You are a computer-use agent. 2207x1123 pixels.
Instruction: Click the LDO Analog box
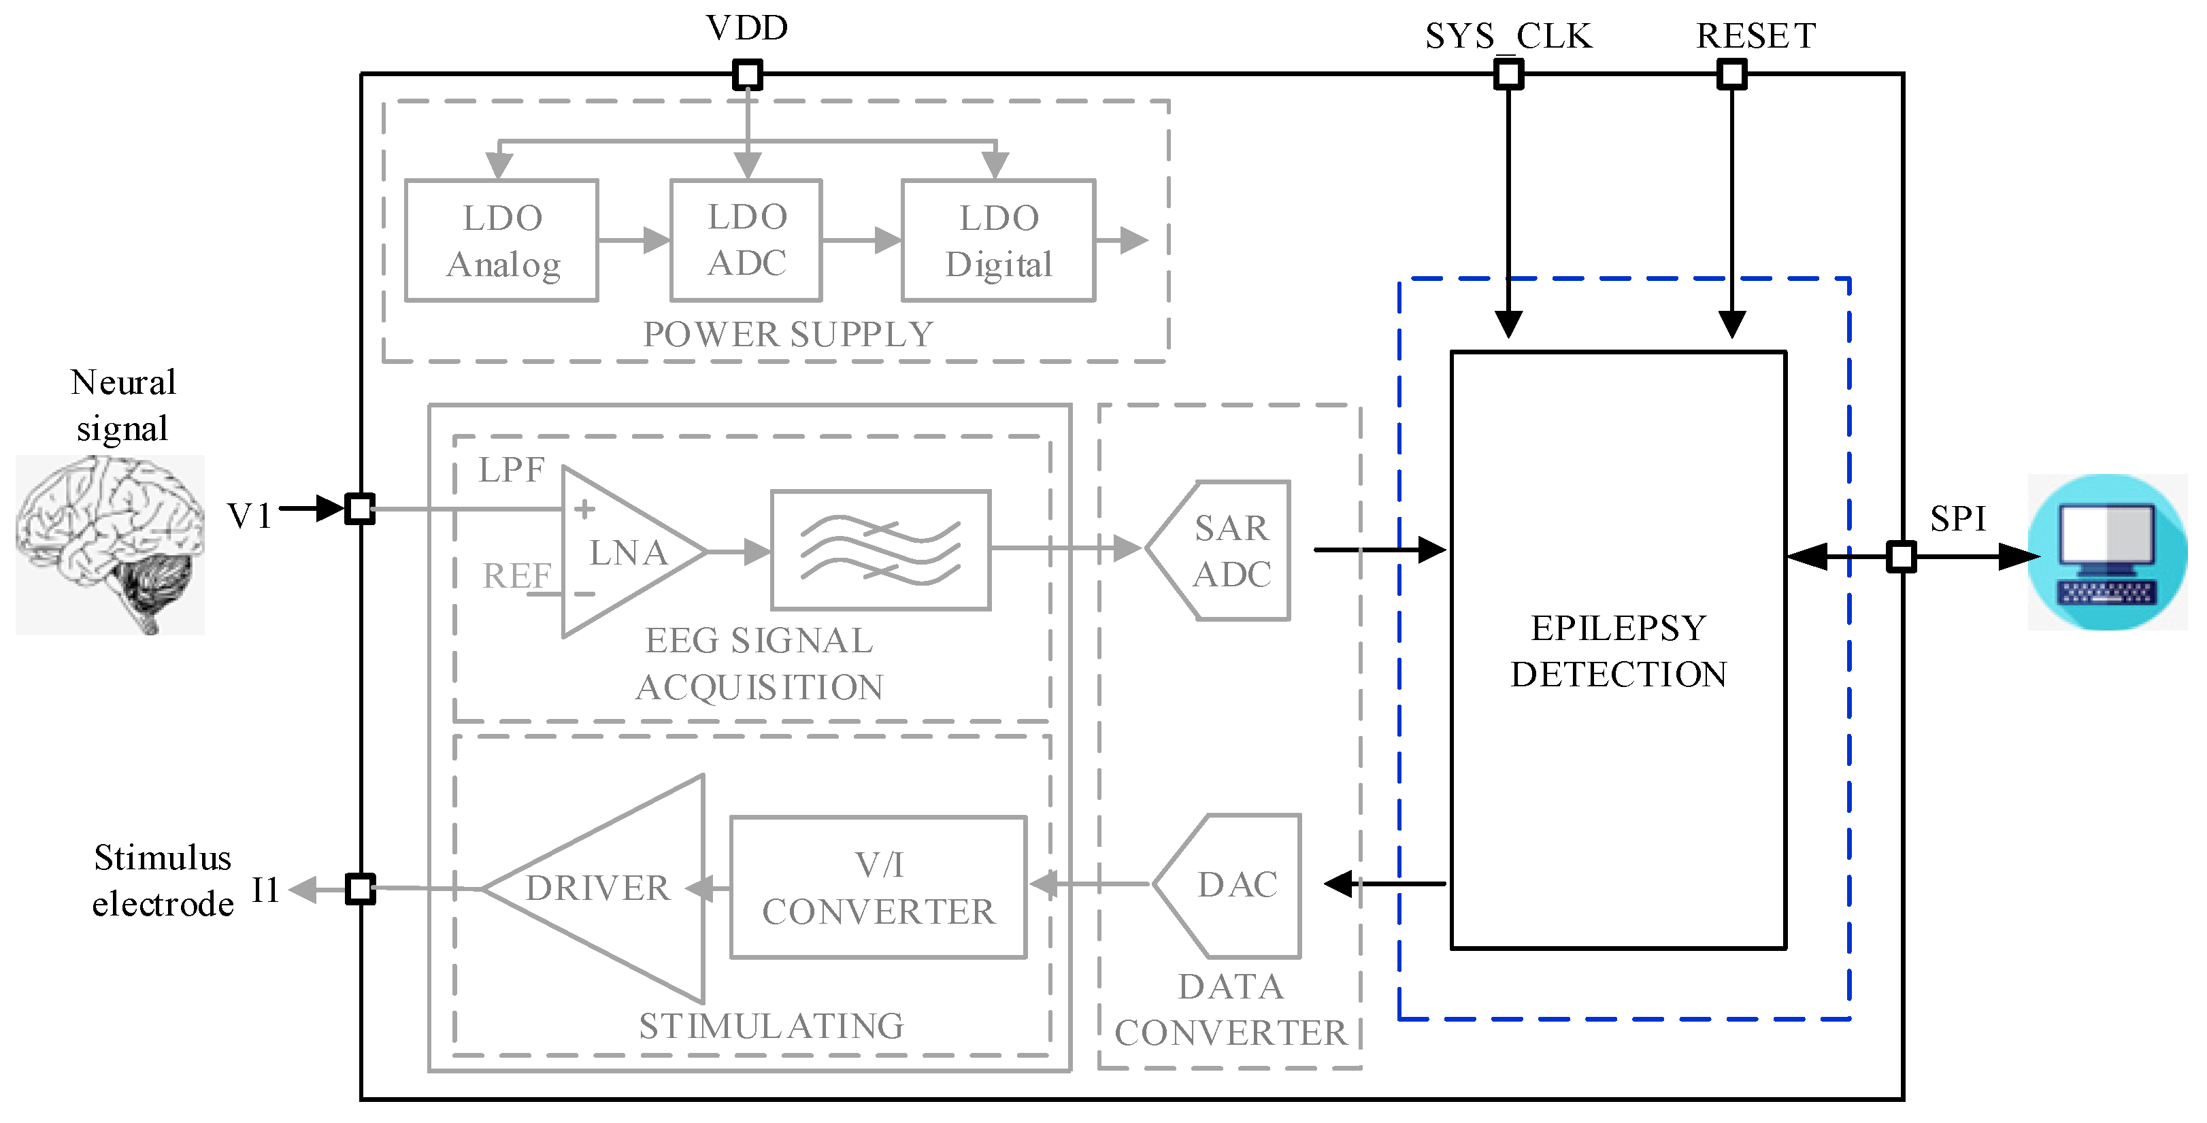(x=501, y=241)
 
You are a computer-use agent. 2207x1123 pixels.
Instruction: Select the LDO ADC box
(x=746, y=241)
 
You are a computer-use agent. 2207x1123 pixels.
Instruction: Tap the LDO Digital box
(x=998, y=241)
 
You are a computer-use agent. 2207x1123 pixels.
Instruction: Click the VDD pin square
(x=747, y=75)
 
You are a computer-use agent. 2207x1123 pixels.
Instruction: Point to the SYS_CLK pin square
(x=1508, y=75)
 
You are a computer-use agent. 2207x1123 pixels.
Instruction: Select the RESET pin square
(x=1731, y=75)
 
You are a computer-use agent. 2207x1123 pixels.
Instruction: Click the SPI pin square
(x=1901, y=557)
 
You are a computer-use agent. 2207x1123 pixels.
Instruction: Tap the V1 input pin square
(x=359, y=509)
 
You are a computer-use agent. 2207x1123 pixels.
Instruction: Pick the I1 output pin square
(x=360, y=888)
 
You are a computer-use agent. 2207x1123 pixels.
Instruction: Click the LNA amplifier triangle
(x=621, y=552)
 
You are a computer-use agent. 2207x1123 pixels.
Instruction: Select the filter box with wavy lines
(x=881, y=550)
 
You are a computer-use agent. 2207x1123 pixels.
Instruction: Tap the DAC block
(x=1233, y=886)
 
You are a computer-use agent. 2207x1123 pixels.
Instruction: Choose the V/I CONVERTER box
(x=878, y=888)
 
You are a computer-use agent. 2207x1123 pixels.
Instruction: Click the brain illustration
(x=110, y=545)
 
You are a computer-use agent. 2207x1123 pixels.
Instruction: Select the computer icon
(x=2107, y=552)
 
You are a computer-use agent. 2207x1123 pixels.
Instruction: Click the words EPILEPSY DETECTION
(x=1618, y=651)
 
